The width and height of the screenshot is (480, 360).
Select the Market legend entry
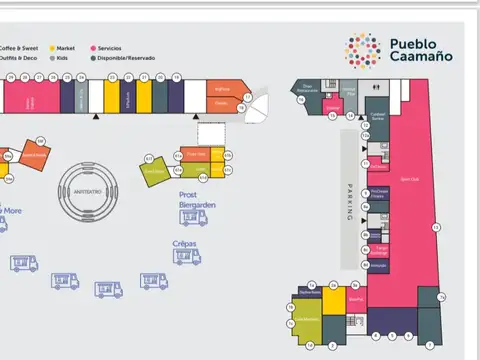pyautogui.click(x=62, y=47)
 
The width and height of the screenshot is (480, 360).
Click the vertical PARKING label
pyautogui.click(x=350, y=204)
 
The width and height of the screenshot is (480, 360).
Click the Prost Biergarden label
pyautogui.click(x=198, y=200)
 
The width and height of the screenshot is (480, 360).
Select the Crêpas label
pyautogui.click(x=184, y=244)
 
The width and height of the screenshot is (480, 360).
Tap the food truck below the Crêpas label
pyautogui.click(x=185, y=258)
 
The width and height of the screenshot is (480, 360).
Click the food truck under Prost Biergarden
pyautogui.click(x=194, y=216)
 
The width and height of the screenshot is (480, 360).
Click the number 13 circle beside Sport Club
pyautogui.click(x=435, y=228)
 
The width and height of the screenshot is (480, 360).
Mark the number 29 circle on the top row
pyautogui.click(x=10, y=77)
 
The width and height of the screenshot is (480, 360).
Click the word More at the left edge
pyautogui.click(x=11, y=211)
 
